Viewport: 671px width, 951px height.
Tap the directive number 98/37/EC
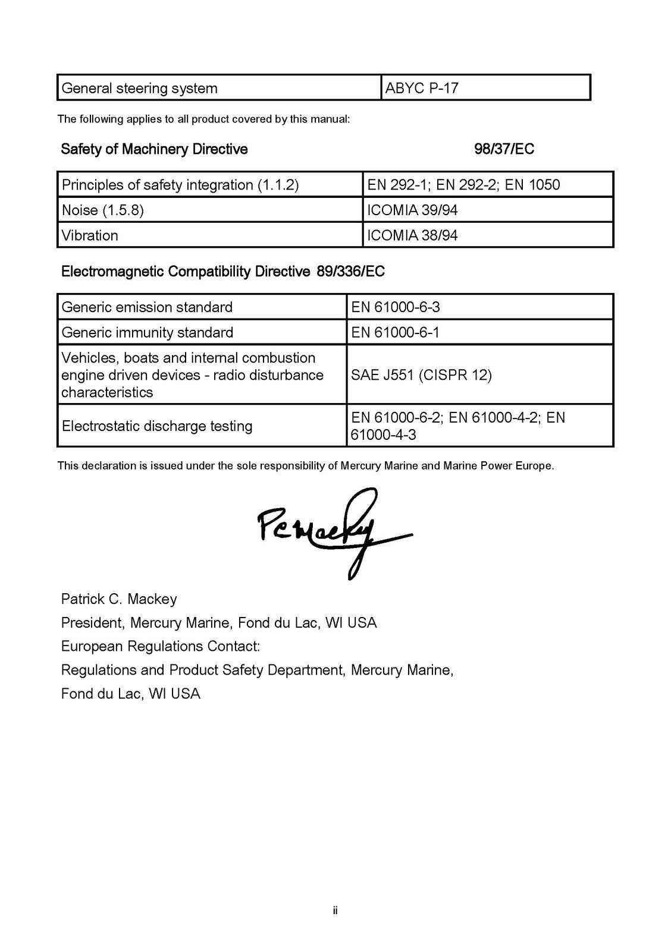[504, 149]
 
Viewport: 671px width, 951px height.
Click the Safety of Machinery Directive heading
[154, 149]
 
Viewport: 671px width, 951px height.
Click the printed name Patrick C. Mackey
[119, 599]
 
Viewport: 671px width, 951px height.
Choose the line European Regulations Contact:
[161, 646]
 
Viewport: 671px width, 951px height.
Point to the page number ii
[335, 911]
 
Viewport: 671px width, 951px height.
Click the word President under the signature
[92, 623]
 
